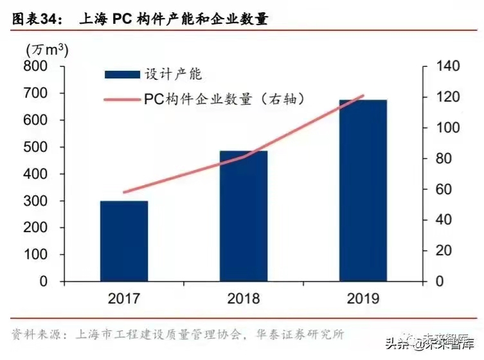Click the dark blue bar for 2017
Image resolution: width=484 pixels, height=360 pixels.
coord(124,241)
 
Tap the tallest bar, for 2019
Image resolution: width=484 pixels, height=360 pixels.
coord(363,190)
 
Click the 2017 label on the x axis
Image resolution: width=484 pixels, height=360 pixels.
coord(124,298)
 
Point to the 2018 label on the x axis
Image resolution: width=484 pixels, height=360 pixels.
coord(244,298)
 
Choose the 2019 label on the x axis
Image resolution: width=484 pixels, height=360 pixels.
coord(363,298)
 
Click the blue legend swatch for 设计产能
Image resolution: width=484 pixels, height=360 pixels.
coord(122,75)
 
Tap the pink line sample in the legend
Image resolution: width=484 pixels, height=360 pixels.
coord(122,100)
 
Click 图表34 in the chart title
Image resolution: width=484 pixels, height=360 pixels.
coord(36,19)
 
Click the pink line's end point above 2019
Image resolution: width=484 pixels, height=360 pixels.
coord(363,96)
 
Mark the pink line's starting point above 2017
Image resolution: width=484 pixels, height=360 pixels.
coord(124,192)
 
